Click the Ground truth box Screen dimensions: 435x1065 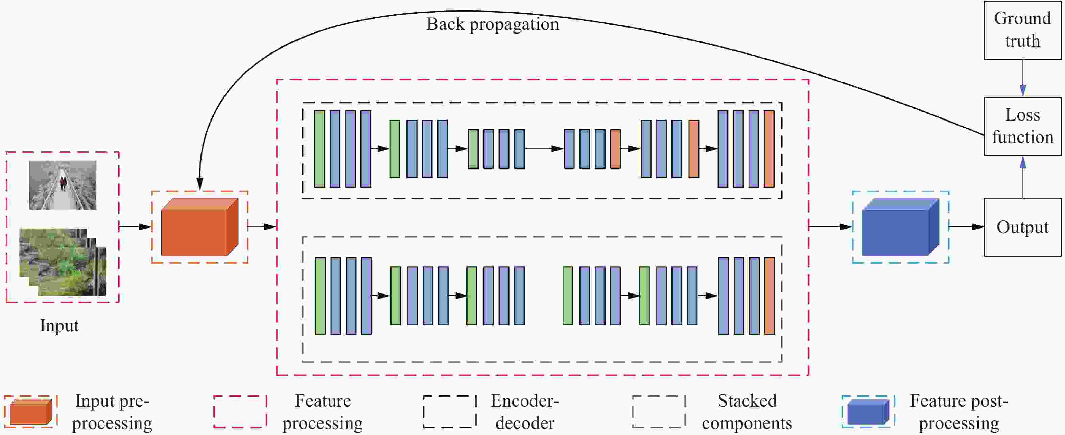pos(1022,30)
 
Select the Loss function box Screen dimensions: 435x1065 pos(1022,126)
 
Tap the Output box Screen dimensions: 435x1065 pos(1022,227)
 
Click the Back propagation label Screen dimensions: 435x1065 pos(492,24)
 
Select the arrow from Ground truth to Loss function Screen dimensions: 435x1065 pos(1022,79)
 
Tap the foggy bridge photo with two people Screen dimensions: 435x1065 pos(63,185)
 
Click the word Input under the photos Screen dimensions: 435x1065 pos(59,326)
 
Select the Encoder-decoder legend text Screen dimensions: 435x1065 pos(525,412)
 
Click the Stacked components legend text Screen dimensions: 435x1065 pos(747,412)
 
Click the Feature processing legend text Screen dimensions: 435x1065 pos(323,412)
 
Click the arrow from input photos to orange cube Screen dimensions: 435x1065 pos(135,227)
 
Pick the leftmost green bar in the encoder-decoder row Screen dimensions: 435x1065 pos(319,149)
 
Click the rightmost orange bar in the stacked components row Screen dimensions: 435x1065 pos(770,296)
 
